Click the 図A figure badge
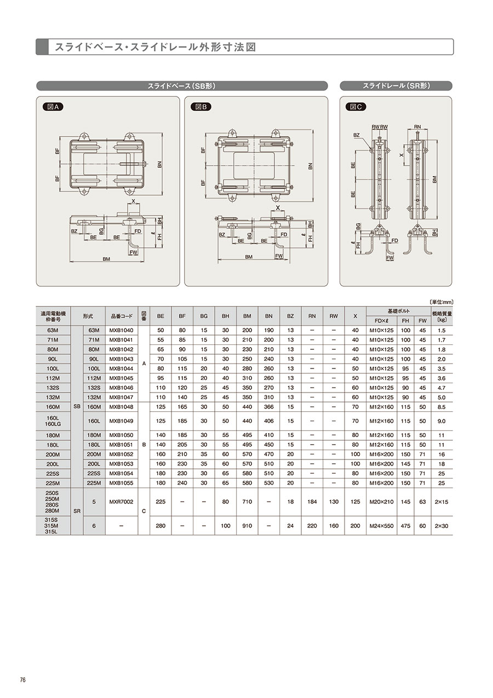pos(53,107)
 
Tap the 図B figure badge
pos(200,107)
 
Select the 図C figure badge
pos(356,107)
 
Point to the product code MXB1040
pos(121,330)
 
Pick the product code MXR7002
pos(121,502)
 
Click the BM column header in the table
pos(247,316)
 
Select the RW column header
pos(334,316)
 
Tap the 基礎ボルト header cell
pos(398,311)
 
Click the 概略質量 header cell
pos(442,316)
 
